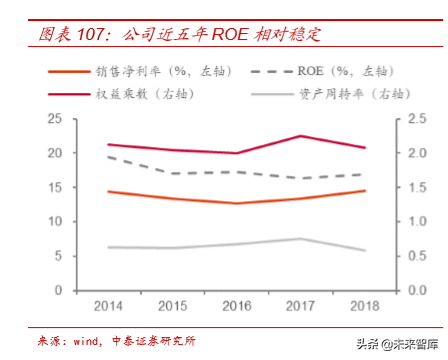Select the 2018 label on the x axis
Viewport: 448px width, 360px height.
[x=365, y=305]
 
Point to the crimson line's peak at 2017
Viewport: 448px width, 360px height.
[x=300, y=136]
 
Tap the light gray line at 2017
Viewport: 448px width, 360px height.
[x=300, y=239]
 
